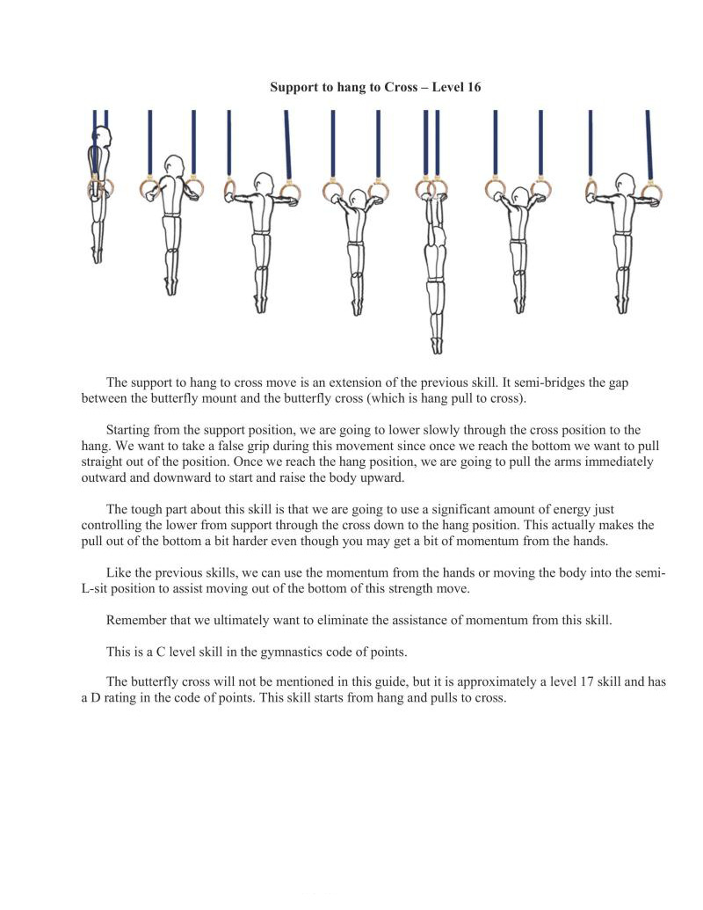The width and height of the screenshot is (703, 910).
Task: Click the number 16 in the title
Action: [x=472, y=87]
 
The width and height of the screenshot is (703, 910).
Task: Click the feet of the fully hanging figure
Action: [x=436, y=345]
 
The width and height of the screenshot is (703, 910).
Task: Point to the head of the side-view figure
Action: [x=103, y=138]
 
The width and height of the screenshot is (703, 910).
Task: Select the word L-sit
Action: [x=98, y=588]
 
